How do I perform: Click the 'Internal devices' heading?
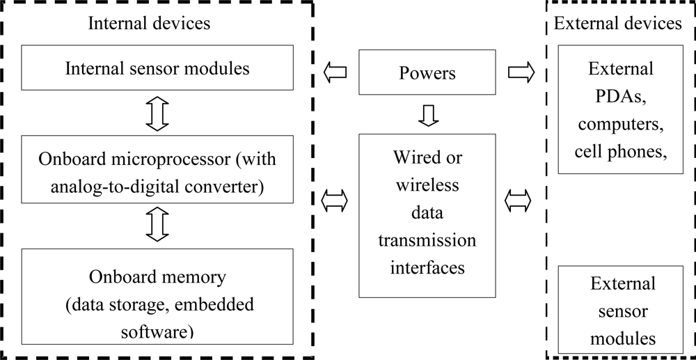point(149,23)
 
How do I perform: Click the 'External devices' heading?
point(617,23)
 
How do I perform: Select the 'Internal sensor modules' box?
point(157,68)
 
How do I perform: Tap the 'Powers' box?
point(427,72)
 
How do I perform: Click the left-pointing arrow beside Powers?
point(335,72)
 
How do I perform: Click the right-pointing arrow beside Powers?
point(521,72)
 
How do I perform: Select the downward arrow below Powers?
point(428,114)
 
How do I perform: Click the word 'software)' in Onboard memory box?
point(157,331)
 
